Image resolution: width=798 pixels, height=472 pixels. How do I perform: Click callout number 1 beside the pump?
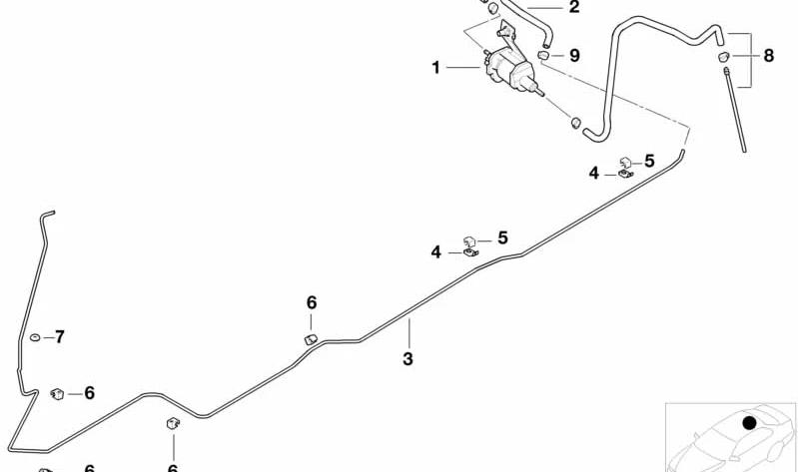[x=435, y=67]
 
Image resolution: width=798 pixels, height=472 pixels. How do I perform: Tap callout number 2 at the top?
[x=574, y=7]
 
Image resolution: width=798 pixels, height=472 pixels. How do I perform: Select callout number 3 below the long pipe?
[x=407, y=358]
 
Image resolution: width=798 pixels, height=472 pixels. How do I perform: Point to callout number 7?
[x=60, y=336]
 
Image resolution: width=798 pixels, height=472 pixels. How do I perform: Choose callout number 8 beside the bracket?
[x=768, y=55]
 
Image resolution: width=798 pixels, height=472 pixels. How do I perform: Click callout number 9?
[x=574, y=55]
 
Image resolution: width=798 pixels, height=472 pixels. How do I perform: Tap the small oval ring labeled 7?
[x=35, y=337]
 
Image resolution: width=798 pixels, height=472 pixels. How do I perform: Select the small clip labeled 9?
[x=544, y=55]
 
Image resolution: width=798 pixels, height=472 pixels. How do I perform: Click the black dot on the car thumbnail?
[x=749, y=423]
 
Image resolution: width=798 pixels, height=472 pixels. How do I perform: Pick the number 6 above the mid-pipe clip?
[x=312, y=303]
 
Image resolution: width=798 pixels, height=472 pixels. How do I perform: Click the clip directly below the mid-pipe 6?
[x=311, y=339]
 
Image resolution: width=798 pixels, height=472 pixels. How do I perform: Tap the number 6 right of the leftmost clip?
[x=89, y=392]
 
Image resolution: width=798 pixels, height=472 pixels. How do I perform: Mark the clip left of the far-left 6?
[x=57, y=394]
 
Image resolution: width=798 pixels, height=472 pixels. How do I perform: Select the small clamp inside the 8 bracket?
[x=724, y=57]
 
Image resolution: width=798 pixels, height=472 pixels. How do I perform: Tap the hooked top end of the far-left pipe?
[x=47, y=214]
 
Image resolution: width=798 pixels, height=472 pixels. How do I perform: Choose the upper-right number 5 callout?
[x=649, y=161]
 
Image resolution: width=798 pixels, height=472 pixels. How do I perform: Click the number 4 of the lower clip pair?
[x=436, y=251]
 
